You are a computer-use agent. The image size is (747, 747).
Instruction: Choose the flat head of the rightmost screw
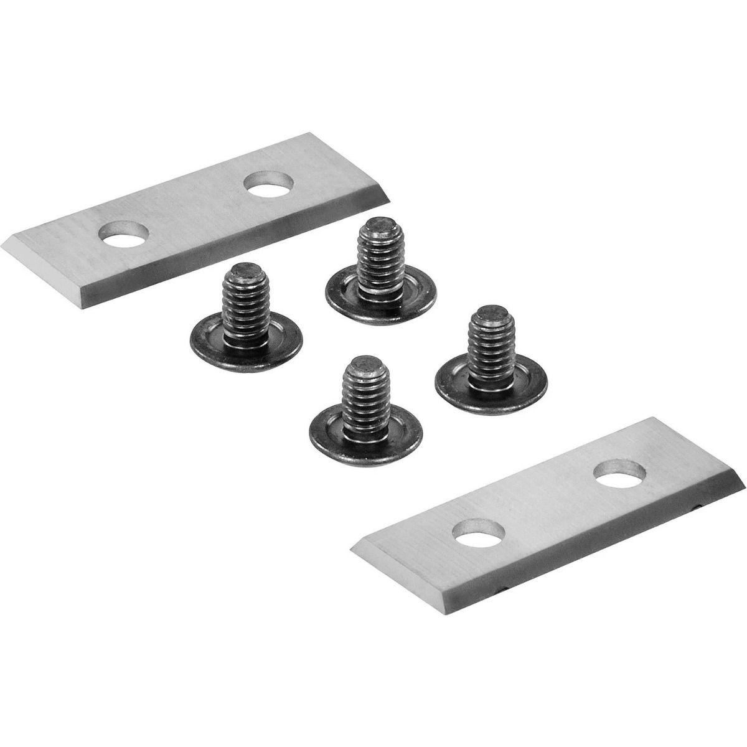coord(491,387)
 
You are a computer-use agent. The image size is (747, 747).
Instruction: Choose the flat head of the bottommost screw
coord(365,432)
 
